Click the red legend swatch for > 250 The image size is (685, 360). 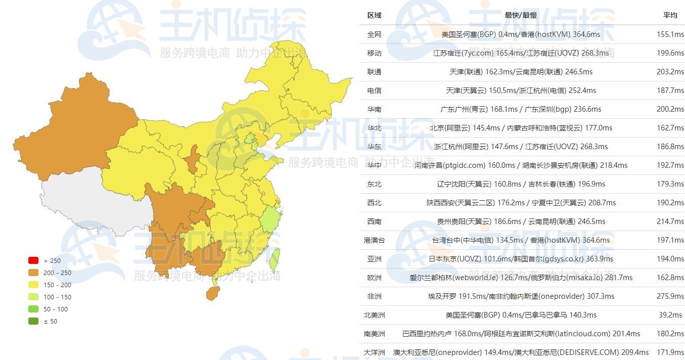33,260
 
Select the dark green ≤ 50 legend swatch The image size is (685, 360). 33,321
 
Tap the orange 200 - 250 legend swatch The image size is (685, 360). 33,273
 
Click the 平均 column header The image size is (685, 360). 670,15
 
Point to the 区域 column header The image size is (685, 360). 374,15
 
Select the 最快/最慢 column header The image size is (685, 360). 521,15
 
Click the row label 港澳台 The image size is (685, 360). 374,240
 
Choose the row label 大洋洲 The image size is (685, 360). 374,352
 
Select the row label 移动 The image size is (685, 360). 374,53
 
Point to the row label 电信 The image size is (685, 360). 374,91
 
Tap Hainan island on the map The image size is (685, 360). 213,293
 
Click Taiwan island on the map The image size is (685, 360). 274,259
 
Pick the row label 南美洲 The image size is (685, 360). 374,334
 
